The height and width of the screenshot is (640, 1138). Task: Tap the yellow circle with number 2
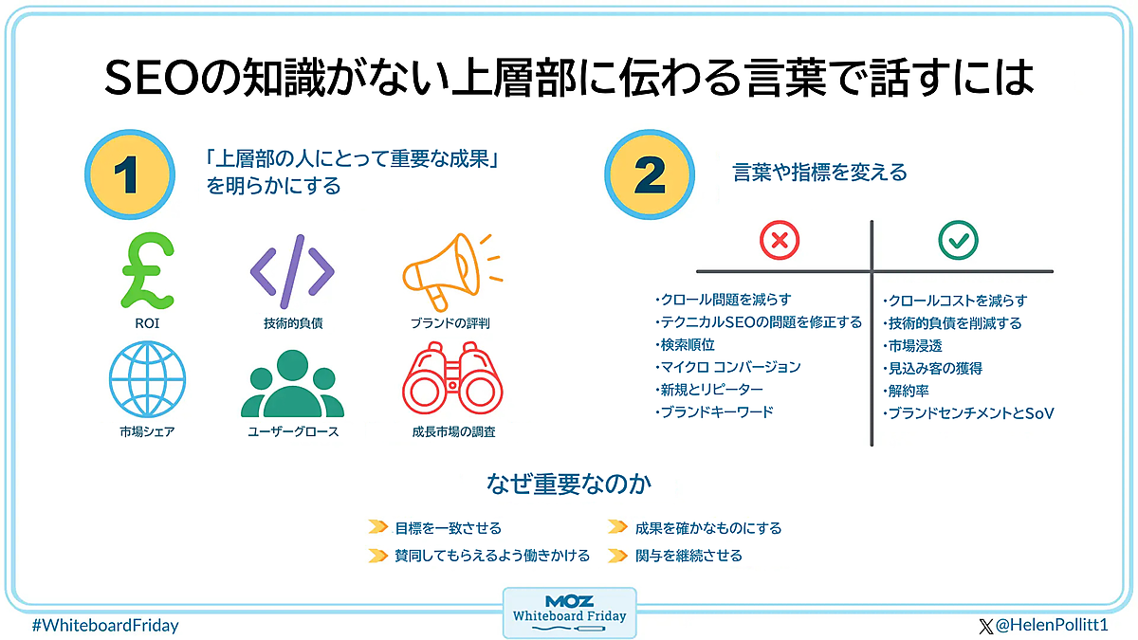(x=651, y=174)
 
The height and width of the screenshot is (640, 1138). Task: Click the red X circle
(x=780, y=241)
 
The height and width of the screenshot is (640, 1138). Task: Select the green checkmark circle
(x=958, y=241)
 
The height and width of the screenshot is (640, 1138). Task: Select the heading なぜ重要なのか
(x=569, y=485)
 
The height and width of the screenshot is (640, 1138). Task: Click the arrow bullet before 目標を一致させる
(x=377, y=528)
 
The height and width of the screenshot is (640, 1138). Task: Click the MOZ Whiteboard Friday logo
(x=569, y=612)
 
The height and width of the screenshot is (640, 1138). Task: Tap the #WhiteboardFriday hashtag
(x=105, y=626)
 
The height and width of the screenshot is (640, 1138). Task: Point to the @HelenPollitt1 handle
(x=1049, y=626)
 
